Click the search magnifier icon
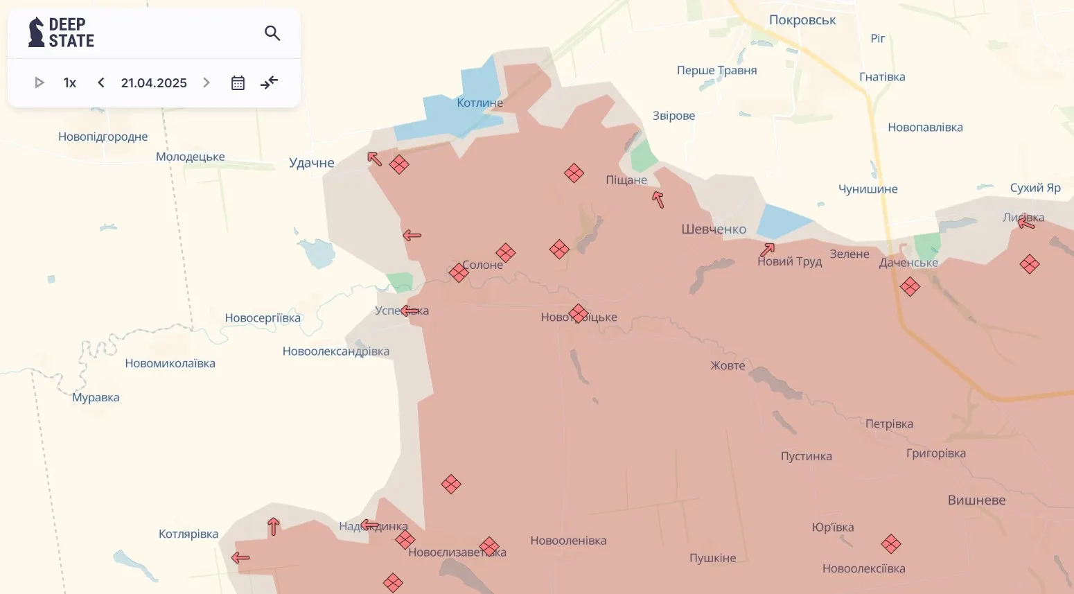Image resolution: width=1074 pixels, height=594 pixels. [x=272, y=33]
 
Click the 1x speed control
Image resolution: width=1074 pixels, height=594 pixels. [x=69, y=83]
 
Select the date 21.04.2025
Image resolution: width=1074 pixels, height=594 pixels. [x=154, y=83]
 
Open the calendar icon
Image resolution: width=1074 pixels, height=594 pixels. [x=238, y=83]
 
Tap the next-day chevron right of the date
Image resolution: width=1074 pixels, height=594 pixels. [x=206, y=82]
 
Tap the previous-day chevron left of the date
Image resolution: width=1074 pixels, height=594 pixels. [x=101, y=82]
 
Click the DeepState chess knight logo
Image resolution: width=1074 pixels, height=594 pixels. [x=36, y=33]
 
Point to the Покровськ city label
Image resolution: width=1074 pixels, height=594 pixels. [x=802, y=20]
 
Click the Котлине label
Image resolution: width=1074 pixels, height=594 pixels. [x=479, y=103]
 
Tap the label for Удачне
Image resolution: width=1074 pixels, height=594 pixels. [x=312, y=163]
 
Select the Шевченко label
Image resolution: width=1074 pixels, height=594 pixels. [x=714, y=229]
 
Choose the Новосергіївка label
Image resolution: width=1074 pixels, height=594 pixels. [x=263, y=318]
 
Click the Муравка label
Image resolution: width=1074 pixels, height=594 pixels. [x=96, y=398]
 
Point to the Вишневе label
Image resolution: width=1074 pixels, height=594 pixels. [x=976, y=500]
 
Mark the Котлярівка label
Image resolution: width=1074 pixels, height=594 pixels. [x=188, y=534]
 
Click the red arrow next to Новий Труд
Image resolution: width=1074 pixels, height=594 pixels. [x=767, y=250]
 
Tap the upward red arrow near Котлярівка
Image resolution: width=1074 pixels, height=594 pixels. [x=274, y=527]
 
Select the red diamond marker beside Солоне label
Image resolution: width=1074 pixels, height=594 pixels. [x=459, y=272]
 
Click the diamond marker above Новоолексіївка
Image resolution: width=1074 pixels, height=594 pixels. [x=891, y=544]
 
